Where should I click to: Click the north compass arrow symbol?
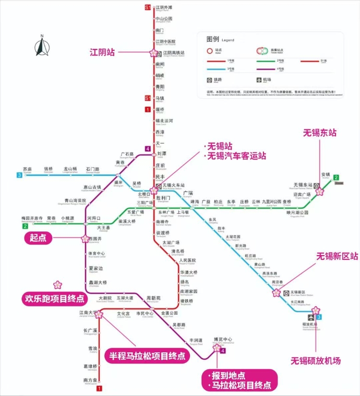(42, 46)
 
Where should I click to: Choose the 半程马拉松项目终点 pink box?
(147, 356)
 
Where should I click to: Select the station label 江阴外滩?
(164, 7)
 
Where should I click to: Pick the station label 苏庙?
(27, 169)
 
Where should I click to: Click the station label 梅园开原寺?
(33, 218)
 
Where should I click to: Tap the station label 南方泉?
(90, 380)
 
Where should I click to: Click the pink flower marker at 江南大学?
(99, 314)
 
